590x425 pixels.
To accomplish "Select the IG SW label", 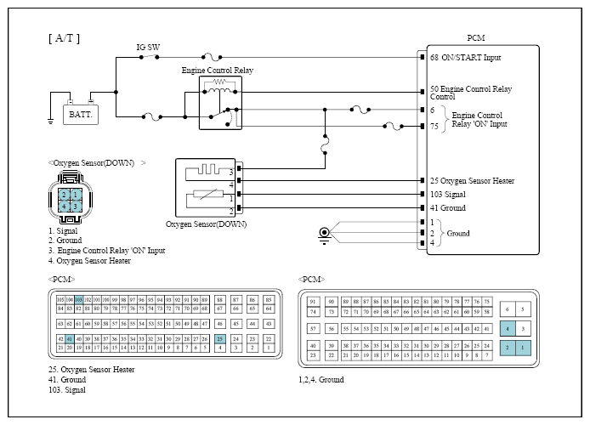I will click(x=148, y=48).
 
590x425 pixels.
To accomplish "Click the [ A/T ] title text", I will click(x=65, y=38).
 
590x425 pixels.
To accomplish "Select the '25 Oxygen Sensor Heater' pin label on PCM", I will click(x=484, y=181).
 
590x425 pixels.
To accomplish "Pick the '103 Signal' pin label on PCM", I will click(x=459, y=195).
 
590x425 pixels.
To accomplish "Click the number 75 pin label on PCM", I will click(x=434, y=126).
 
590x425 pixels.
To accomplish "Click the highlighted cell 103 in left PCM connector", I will click(x=78, y=300).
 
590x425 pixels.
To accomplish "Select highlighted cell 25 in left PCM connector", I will click(x=220, y=339).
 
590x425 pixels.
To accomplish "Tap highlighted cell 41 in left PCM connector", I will click(x=70, y=339).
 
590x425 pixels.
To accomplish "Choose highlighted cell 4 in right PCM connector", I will click(x=508, y=328).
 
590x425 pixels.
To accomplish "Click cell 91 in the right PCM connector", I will click(x=314, y=302).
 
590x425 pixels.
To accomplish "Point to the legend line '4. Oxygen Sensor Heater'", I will click(x=89, y=261).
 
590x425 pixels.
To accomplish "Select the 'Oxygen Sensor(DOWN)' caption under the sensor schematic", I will click(x=207, y=224).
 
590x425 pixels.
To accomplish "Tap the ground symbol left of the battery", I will click(x=51, y=120).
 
